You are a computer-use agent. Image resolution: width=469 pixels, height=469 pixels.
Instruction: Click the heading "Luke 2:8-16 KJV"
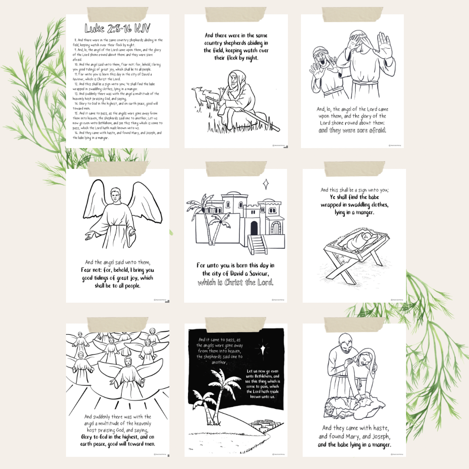coord(117,29)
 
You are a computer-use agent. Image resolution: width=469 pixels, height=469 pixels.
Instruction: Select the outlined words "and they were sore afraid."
coord(352,130)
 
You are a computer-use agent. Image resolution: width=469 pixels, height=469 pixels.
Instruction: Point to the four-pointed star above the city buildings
coord(266,184)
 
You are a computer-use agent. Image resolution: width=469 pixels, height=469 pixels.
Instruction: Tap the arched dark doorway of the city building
coord(254,227)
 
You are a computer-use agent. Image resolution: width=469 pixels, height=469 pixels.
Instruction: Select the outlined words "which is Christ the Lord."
coord(235,283)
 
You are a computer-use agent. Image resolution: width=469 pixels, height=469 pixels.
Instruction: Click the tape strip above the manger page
coord(354,168)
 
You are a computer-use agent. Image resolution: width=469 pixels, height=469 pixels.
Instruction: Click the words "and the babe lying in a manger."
coord(354,445)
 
